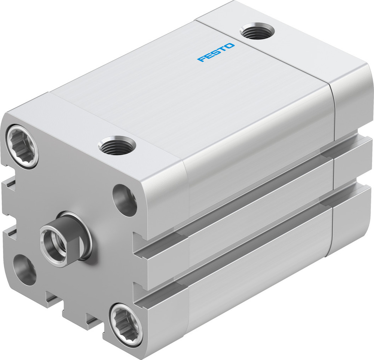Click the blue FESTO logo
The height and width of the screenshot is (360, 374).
coord(216,52)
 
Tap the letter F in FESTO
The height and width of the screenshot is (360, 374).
coord(201,59)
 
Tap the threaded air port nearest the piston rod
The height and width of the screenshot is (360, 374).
coord(117,145)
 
